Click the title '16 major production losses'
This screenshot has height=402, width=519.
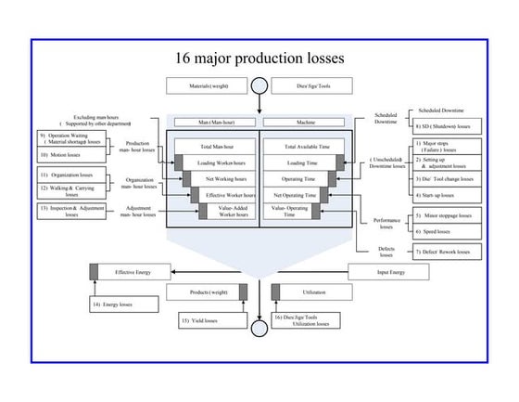coord(259,58)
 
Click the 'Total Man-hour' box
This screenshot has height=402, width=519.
coord(214,147)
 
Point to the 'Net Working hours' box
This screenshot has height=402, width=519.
coord(225,178)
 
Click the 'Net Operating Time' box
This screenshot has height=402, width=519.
coord(296,195)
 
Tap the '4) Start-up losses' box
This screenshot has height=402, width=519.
coord(445,196)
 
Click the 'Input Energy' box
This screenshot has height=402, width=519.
coord(389,272)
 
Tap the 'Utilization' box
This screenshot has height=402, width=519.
coord(312,292)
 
